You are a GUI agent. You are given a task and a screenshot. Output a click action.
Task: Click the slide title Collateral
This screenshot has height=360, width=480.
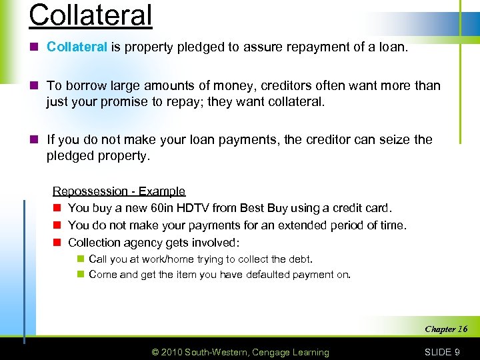pyautogui.click(x=91, y=15)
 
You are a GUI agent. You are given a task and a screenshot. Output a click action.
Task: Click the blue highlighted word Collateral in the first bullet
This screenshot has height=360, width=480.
pyautogui.click(x=77, y=47)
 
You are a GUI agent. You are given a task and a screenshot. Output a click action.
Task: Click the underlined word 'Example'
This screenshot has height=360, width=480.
pyautogui.click(x=163, y=192)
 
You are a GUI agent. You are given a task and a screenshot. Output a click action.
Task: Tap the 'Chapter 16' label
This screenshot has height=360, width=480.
pyautogui.click(x=446, y=329)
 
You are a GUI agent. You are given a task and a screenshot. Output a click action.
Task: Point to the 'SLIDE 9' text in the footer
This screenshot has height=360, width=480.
pyautogui.click(x=442, y=352)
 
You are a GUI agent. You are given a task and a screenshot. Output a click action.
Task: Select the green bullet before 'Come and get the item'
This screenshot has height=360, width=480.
pyautogui.click(x=79, y=275)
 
